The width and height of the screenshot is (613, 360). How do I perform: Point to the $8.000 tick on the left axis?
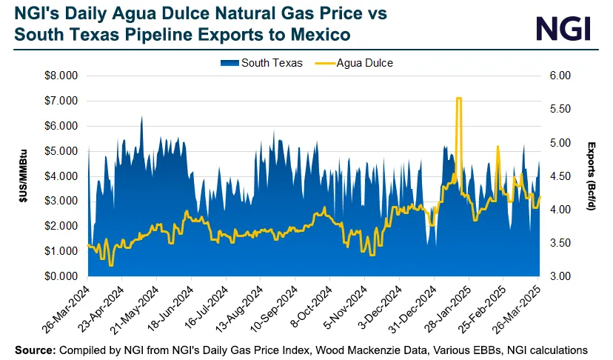pyautogui.click(x=61, y=76)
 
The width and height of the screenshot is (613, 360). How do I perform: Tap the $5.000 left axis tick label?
pyautogui.click(x=61, y=151)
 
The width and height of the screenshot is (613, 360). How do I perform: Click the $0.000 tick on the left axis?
pyautogui.click(x=61, y=276)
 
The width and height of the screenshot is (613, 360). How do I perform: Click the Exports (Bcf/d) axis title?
pyautogui.click(x=592, y=176)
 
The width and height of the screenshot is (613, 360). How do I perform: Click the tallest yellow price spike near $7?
pyautogui.click(x=459, y=99)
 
